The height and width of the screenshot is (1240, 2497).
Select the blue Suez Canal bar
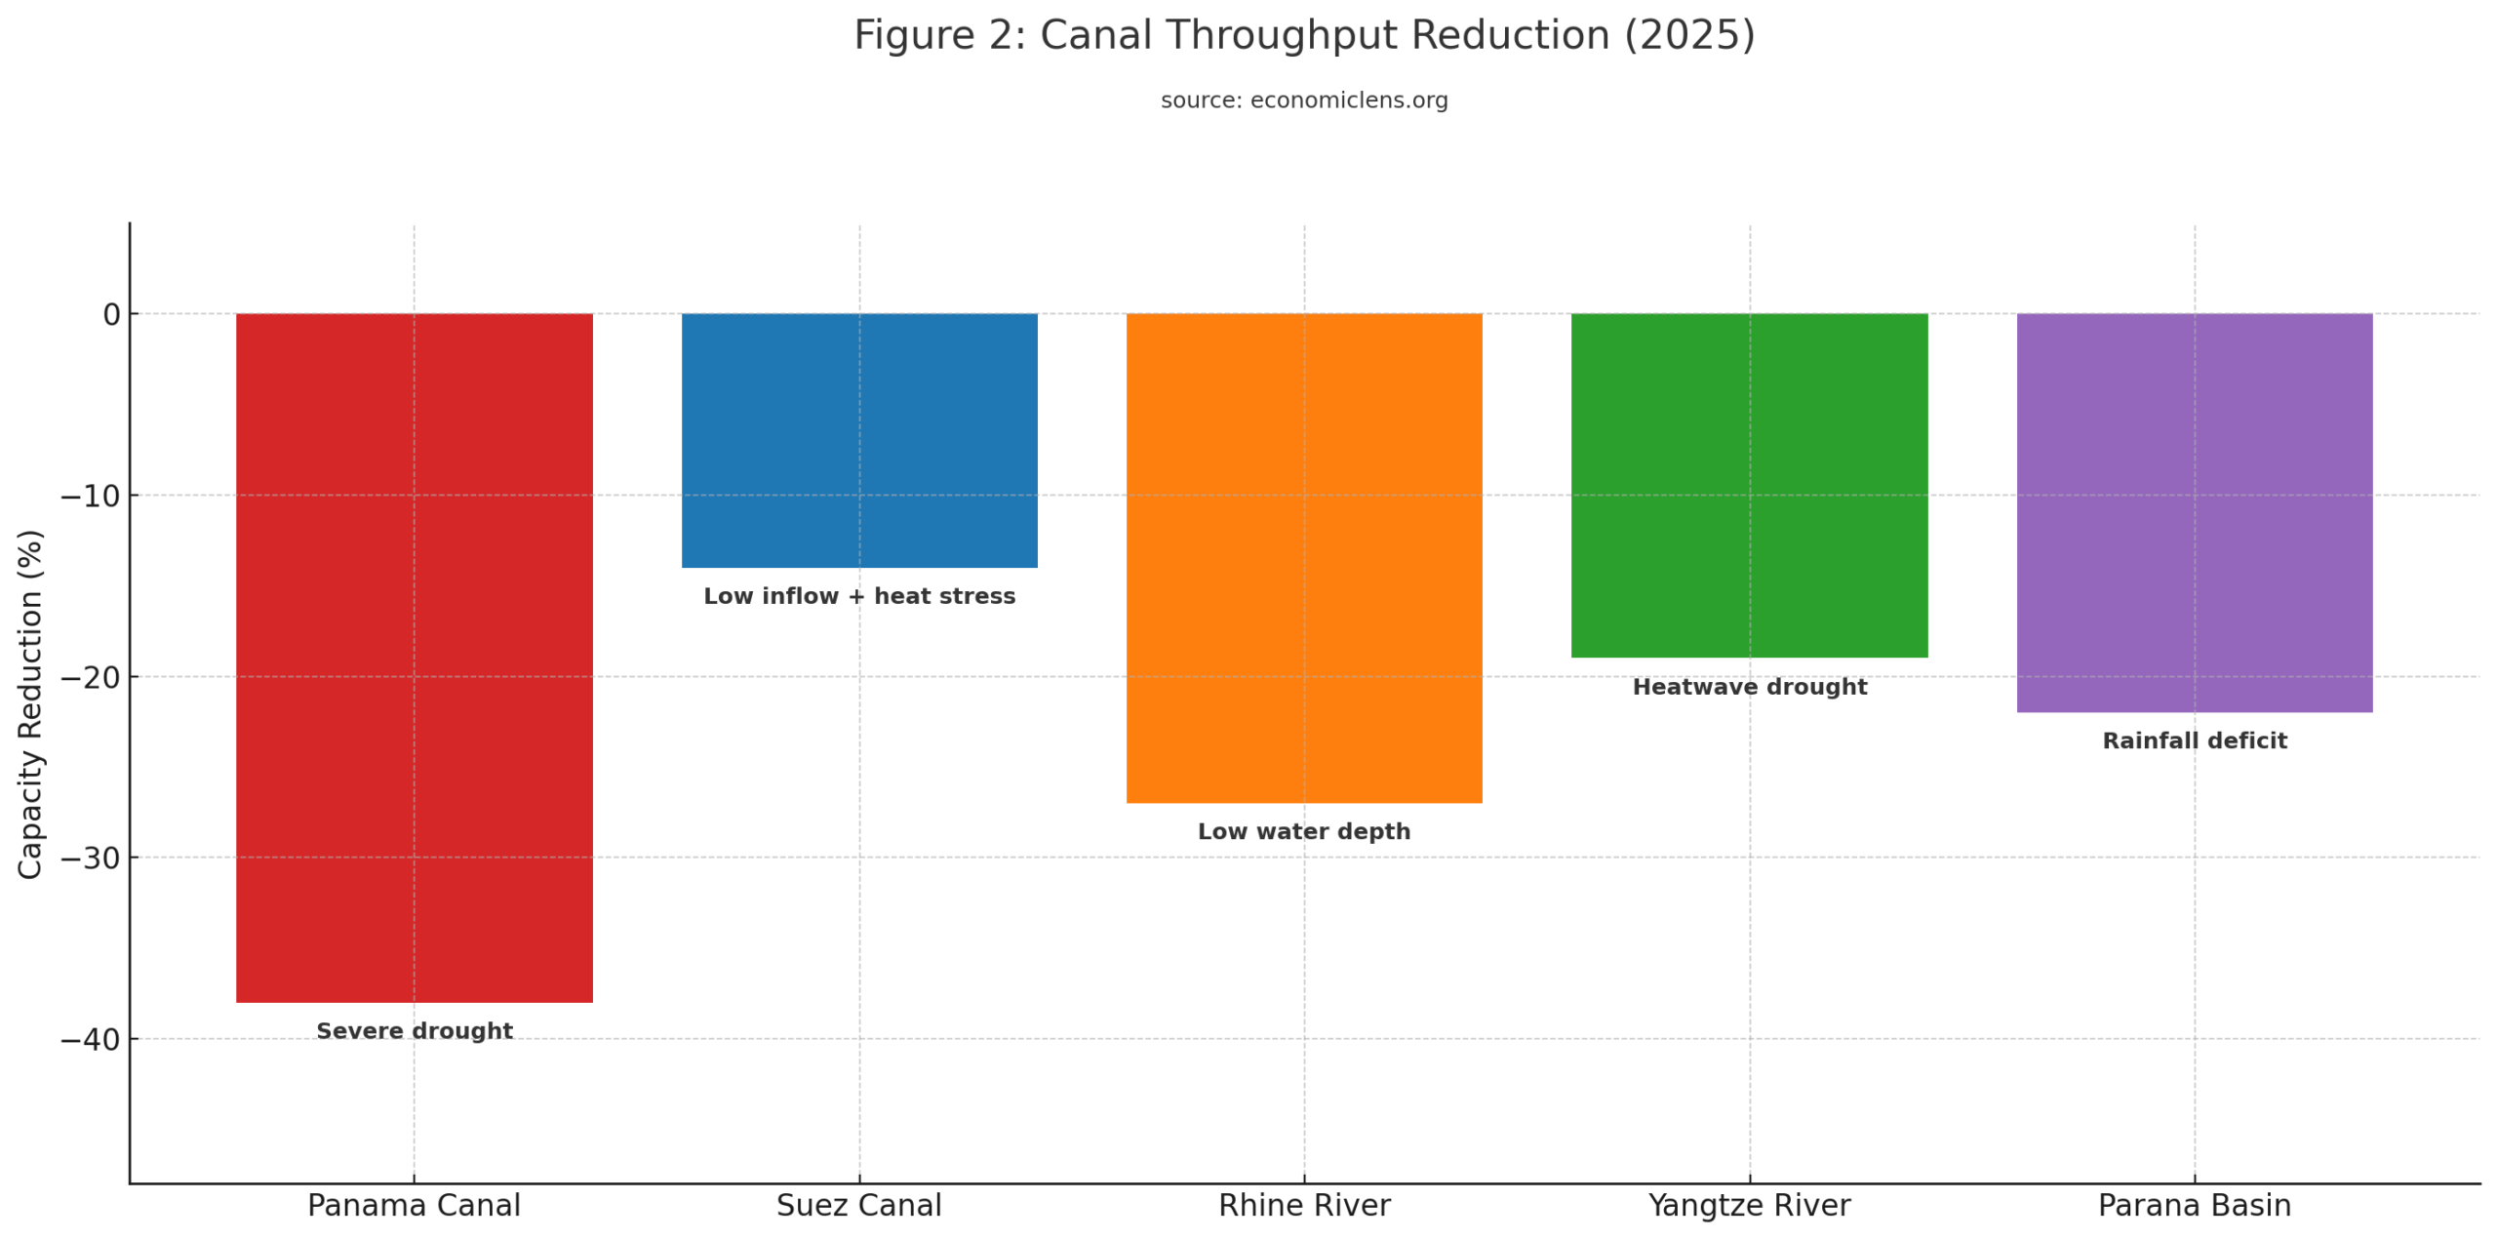point(858,440)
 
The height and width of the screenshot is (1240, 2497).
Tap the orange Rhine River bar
point(1303,557)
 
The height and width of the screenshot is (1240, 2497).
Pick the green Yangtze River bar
point(1748,485)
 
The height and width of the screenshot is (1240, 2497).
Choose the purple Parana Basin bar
point(2194,512)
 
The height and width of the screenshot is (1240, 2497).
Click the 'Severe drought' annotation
point(414,1031)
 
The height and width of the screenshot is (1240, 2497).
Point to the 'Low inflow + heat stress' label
point(858,596)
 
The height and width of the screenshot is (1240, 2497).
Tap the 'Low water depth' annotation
point(1303,831)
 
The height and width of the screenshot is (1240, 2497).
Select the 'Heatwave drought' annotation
point(1749,687)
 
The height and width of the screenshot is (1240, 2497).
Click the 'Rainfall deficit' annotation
point(2194,740)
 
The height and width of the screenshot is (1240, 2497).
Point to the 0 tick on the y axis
point(111,314)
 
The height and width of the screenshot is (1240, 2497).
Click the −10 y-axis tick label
point(91,496)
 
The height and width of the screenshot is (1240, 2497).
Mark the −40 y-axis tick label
point(91,1039)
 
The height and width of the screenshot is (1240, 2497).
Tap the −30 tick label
point(91,858)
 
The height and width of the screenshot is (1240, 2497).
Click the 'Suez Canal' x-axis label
point(858,1205)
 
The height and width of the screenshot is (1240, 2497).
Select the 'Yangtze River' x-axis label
point(1748,1205)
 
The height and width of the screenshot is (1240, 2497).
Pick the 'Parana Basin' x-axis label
point(2194,1205)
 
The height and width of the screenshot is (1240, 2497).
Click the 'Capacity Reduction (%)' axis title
point(30,703)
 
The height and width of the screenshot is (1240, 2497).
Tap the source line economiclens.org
point(1303,100)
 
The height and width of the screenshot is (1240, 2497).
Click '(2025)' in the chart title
point(1688,35)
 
